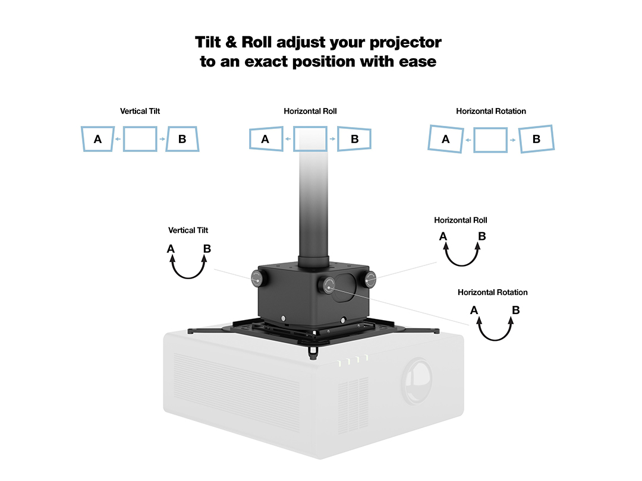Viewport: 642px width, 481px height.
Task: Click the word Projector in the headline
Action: (406, 43)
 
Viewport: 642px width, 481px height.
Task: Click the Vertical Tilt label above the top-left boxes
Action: (140, 111)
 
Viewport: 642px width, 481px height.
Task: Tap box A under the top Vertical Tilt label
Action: (98, 139)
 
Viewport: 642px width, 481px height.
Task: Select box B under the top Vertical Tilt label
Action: (182, 139)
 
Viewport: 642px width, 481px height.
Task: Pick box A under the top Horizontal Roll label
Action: (266, 139)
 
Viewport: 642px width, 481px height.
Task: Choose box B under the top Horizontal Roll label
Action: (354, 139)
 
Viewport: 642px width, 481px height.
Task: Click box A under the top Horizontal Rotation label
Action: (446, 139)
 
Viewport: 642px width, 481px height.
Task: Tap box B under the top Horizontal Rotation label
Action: (536, 139)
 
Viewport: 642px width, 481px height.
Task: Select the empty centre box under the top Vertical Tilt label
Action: (140, 139)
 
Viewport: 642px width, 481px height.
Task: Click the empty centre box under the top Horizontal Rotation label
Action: (490, 140)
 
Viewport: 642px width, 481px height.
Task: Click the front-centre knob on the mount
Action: (328, 285)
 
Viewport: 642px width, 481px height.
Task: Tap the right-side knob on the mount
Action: (370, 279)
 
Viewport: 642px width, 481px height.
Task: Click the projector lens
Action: (416, 381)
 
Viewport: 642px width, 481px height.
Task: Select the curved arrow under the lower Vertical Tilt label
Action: (188, 277)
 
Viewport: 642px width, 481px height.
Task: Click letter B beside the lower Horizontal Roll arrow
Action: (482, 236)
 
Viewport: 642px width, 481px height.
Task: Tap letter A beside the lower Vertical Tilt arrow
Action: (171, 249)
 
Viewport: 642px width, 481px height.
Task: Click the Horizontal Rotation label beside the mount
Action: (493, 292)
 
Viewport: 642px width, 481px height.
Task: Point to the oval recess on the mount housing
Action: (344, 287)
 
